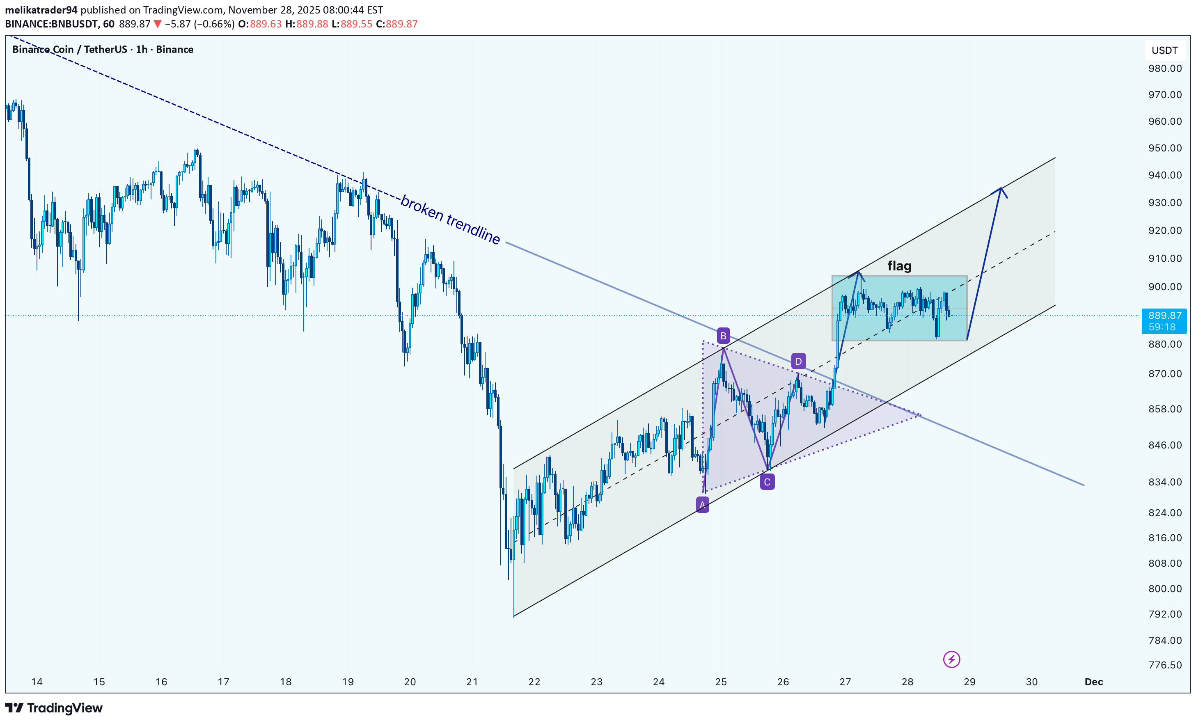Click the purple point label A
click(702, 505)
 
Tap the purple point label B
click(723, 336)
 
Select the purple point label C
click(767, 482)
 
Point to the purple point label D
click(798, 361)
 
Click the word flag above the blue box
click(899, 266)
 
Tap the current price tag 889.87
click(1164, 316)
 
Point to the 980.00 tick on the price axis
click(1164, 69)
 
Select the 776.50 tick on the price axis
click(1164, 665)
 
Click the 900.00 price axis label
click(1164, 287)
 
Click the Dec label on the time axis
click(1093, 682)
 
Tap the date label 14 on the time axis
click(37, 682)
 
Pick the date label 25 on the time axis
click(721, 682)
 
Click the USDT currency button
click(1164, 50)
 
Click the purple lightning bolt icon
click(951, 659)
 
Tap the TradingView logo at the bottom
click(54, 708)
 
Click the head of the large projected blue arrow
click(1000, 190)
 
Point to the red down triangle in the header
click(157, 24)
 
